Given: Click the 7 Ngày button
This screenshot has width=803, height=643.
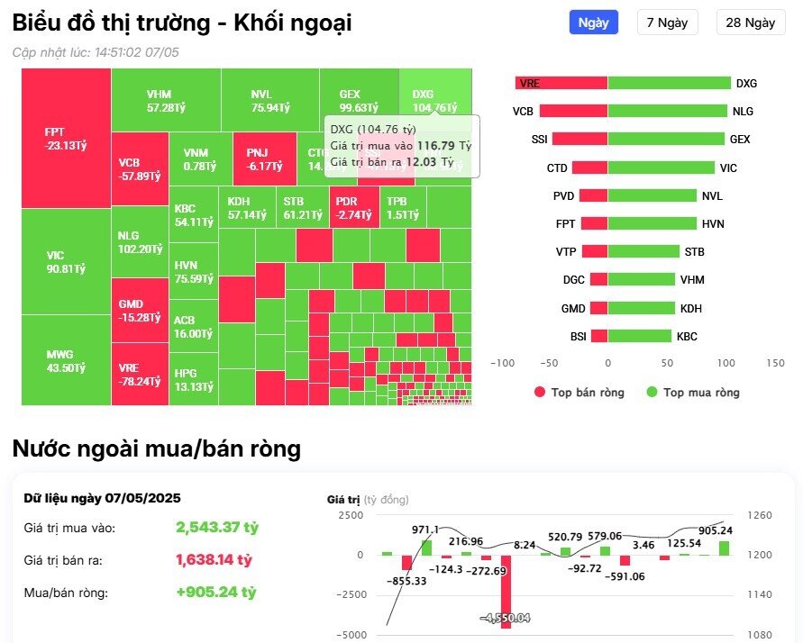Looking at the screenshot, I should [667, 23].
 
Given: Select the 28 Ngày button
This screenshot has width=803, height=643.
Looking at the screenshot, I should [750, 23].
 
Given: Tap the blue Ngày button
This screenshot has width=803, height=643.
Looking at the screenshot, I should [593, 23].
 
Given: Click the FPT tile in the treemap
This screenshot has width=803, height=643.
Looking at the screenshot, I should [65, 138].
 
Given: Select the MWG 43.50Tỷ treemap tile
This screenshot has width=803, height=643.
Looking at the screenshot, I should [65, 361].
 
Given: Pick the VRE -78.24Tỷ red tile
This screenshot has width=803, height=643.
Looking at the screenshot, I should [139, 375].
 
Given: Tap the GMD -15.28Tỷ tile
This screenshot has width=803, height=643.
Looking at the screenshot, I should [139, 311].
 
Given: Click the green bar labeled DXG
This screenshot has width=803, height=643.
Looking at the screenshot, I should [669, 83].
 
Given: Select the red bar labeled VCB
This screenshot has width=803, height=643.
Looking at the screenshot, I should [573, 112].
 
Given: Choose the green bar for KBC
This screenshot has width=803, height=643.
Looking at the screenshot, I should [639, 336].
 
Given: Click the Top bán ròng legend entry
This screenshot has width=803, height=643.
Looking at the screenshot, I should [579, 392].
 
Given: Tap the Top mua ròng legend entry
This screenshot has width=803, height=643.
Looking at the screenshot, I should [693, 392].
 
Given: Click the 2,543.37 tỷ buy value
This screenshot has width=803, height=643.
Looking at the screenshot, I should [216, 527].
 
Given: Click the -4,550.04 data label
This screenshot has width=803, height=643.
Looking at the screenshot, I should [505, 618].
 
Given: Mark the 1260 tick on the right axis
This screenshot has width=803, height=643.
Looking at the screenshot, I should [758, 516].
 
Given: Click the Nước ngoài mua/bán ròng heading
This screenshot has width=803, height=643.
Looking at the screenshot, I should [157, 448].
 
